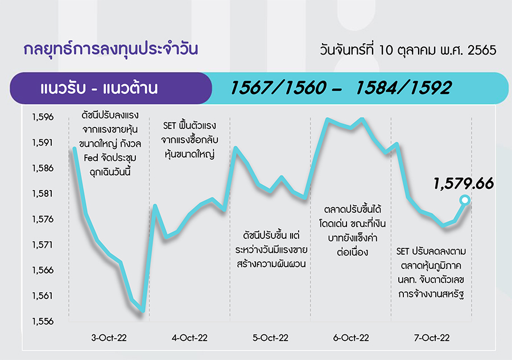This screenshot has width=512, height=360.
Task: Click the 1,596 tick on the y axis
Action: pos(43,117)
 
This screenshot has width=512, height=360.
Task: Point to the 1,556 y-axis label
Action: pos(43,321)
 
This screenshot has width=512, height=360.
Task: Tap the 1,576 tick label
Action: pos(43,219)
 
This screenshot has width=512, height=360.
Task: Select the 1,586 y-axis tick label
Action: pos(43,168)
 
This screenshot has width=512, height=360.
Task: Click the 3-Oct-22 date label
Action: pos(109,338)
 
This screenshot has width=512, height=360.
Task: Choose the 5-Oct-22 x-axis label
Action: pos(270,338)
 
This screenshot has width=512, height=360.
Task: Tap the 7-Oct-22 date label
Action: pos(432,338)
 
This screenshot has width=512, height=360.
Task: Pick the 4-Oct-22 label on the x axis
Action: pos(189,338)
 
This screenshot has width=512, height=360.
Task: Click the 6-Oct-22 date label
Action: pos(351,338)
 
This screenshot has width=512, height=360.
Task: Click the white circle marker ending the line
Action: pos(465,200)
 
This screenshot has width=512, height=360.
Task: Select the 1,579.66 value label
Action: pos(463,184)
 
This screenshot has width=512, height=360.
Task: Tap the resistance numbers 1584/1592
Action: pos(404,88)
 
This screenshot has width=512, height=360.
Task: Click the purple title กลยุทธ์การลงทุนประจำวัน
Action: pos(111,49)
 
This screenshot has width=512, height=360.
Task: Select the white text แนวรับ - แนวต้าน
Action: pos(99,88)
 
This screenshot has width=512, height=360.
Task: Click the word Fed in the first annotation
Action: pos(91,158)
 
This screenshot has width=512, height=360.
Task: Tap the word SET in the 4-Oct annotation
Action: pos(170,126)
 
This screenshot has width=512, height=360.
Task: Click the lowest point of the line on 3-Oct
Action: pos(143,311)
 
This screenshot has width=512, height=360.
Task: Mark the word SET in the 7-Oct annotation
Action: pos(403,251)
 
